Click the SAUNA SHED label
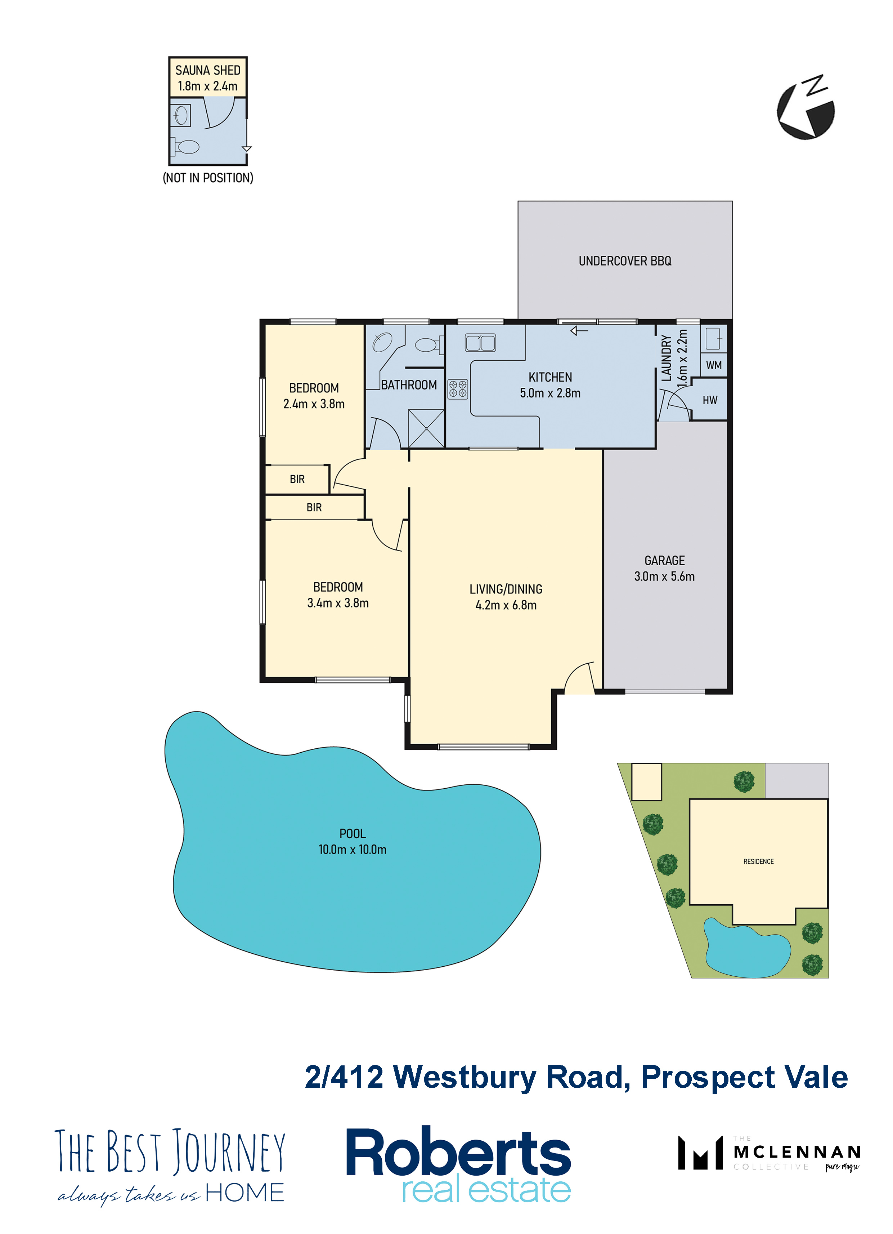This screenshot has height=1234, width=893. [x=208, y=70]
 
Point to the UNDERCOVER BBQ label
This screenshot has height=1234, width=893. [x=625, y=261]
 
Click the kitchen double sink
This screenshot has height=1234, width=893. [x=480, y=343]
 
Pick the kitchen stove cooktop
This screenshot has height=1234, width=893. [x=457, y=389]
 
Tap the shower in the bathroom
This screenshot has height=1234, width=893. [x=426, y=428]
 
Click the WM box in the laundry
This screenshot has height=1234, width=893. [x=714, y=365]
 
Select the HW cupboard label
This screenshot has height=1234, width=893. [x=710, y=400]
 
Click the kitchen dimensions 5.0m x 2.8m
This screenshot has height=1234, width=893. [x=550, y=393]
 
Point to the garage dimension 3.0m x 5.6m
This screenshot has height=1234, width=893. [x=664, y=576]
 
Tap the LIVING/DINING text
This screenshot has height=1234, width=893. [x=506, y=589]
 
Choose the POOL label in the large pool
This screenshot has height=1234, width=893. [x=353, y=834]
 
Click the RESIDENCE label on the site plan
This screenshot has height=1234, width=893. [x=758, y=861]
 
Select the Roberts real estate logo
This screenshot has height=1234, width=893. [x=458, y=1165]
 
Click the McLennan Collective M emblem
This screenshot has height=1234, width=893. [x=700, y=1152]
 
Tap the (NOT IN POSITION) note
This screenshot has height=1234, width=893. [x=208, y=178]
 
